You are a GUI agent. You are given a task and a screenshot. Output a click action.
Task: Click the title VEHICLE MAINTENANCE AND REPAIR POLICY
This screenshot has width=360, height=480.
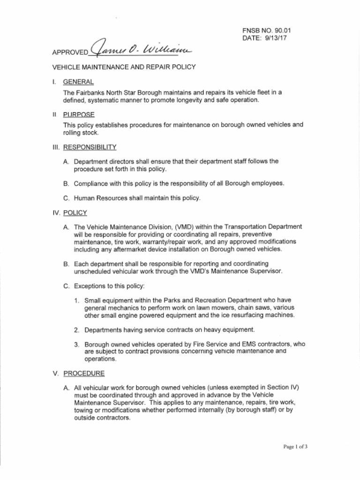124,67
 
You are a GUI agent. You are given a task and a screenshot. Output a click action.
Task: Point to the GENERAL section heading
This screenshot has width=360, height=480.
78,82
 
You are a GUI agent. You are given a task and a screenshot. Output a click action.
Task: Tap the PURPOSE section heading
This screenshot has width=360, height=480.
79,114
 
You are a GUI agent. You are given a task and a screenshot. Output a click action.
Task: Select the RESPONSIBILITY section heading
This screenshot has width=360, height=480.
90,147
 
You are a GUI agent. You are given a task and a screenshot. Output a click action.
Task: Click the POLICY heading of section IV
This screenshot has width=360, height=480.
75,212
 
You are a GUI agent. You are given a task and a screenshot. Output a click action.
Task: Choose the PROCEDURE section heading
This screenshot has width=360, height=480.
84,374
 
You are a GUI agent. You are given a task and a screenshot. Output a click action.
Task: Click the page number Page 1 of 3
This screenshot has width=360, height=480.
295,447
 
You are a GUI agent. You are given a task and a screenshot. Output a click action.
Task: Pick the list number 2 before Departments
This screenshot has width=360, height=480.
76,330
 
